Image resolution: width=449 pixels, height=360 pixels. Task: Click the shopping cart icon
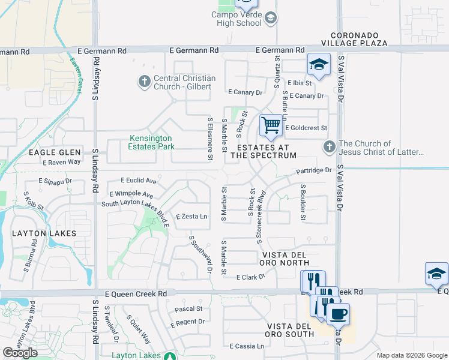pyautogui.click(x=271, y=125)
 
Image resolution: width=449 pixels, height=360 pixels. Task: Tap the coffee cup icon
pyautogui.click(x=338, y=313)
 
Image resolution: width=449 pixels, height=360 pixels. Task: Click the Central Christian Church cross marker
pyautogui.click(x=144, y=82)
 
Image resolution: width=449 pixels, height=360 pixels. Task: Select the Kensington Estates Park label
pyautogui.click(x=152, y=142)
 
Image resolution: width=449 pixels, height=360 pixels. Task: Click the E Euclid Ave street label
pyautogui.click(x=138, y=180)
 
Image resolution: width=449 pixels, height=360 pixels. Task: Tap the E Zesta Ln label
pyautogui.click(x=191, y=216)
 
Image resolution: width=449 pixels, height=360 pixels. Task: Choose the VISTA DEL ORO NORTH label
pyautogui.click(x=284, y=259)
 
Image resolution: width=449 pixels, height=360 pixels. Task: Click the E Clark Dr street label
pyautogui.click(x=250, y=277)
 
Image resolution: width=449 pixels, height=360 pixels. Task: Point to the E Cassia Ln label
pyautogui.click(x=247, y=346)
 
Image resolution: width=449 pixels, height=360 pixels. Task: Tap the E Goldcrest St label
pyautogui.click(x=306, y=128)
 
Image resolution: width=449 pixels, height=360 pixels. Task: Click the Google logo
pyautogui.click(x=20, y=353)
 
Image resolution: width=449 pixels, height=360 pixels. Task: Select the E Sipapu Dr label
pyautogui.click(x=55, y=180)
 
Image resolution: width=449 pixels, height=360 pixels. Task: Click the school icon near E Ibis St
pyautogui.click(x=319, y=64)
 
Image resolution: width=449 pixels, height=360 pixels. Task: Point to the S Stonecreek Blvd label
pyautogui.click(x=261, y=217)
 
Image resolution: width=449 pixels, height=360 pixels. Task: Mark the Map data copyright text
pyautogui.click(x=411, y=355)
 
